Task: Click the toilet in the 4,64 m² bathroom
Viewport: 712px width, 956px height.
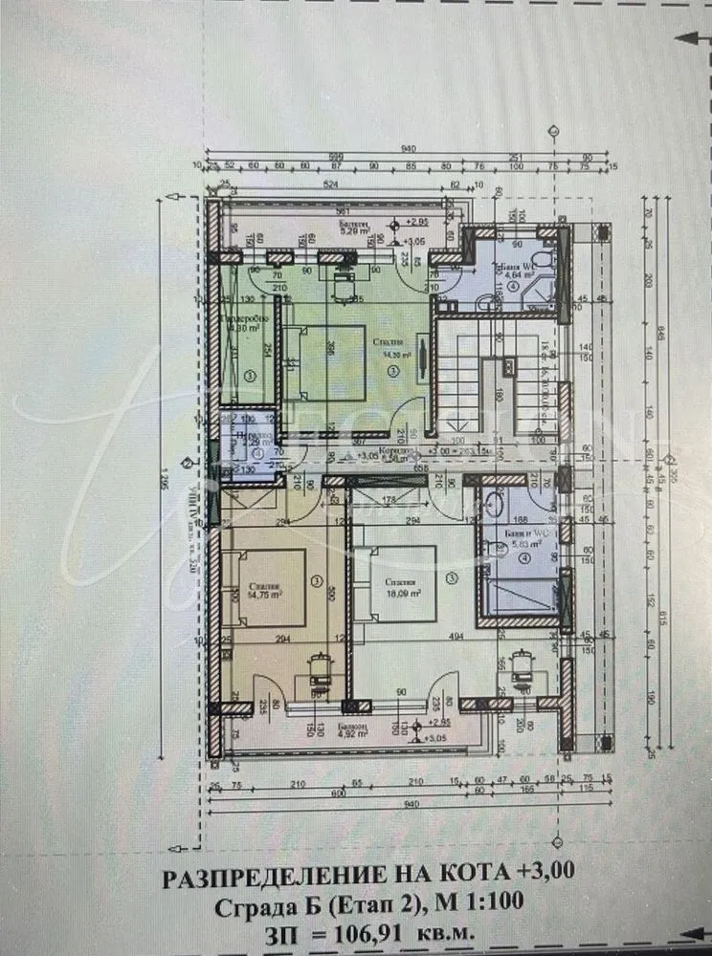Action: [x=541, y=263]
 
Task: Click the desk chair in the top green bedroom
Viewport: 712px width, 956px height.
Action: [x=345, y=279]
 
